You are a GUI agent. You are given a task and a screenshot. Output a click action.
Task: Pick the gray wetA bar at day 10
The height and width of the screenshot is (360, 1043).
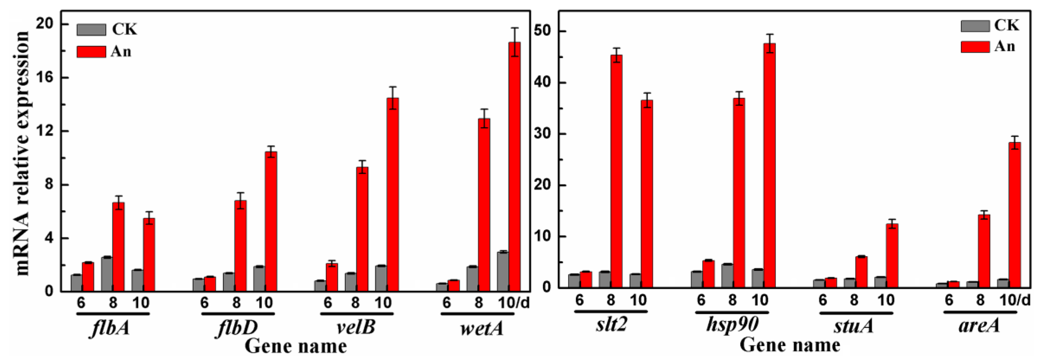[503, 271]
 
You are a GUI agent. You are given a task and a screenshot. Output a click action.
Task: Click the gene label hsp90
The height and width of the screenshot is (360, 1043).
[732, 325]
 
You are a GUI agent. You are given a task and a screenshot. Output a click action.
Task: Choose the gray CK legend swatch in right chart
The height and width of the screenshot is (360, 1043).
[975, 26]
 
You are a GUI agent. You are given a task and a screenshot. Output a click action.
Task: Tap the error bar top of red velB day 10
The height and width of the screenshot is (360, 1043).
[392, 87]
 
